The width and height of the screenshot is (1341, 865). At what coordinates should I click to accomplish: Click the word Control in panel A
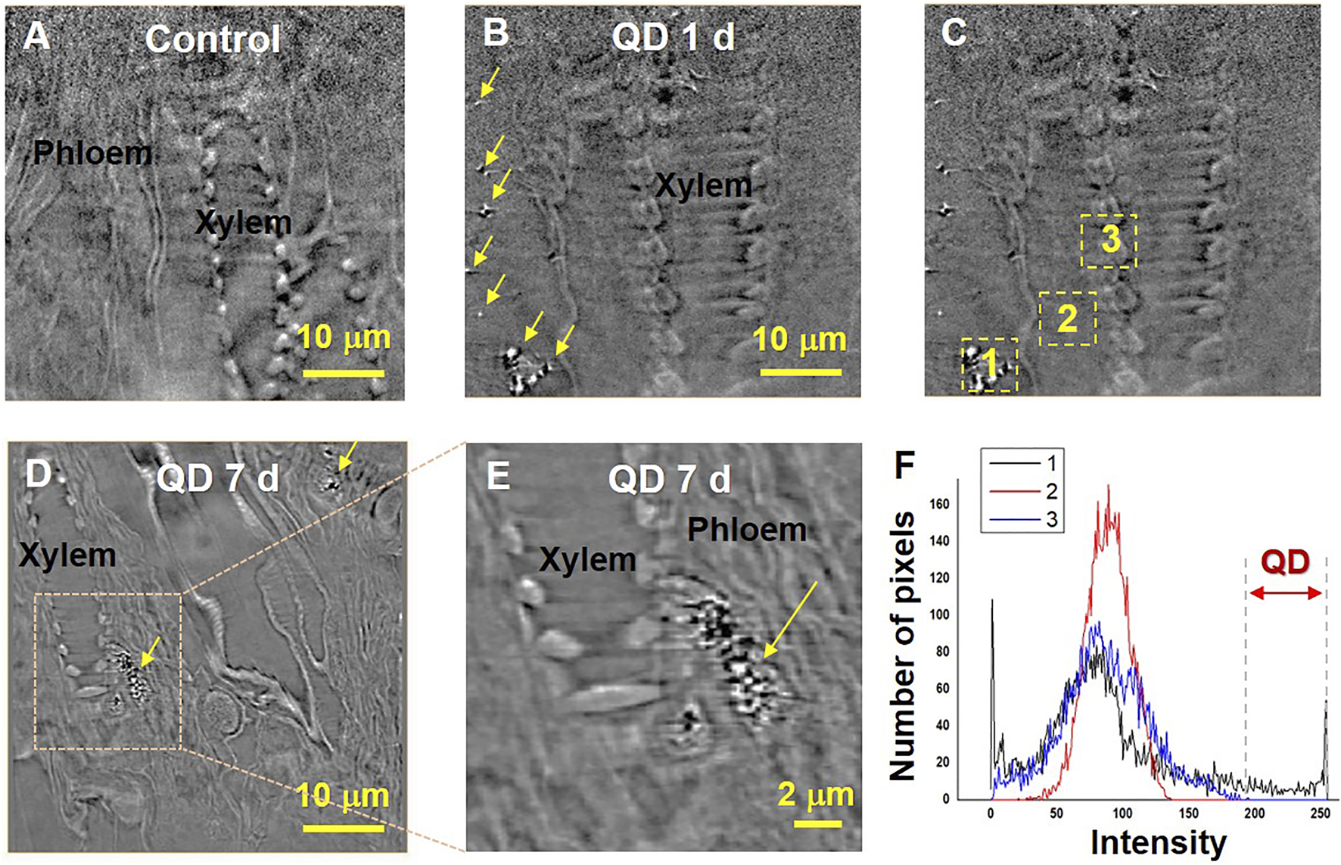click(213, 39)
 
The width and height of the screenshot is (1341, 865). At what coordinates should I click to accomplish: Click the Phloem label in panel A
click(92, 154)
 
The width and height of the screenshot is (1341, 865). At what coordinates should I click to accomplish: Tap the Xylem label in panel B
click(703, 185)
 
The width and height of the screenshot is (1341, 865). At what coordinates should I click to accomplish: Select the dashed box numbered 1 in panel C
click(989, 365)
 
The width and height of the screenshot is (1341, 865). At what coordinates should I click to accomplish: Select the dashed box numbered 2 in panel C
click(1067, 319)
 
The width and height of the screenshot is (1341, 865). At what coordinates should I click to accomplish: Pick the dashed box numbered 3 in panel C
click(1109, 241)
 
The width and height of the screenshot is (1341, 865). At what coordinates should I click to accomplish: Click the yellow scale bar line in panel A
click(344, 372)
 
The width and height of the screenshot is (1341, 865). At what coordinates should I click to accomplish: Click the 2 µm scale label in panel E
click(815, 795)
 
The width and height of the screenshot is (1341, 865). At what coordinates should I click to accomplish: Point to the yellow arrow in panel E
click(790, 619)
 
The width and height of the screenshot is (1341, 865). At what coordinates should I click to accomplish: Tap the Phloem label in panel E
click(746, 530)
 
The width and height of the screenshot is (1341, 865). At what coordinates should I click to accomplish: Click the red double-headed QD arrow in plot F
click(1285, 593)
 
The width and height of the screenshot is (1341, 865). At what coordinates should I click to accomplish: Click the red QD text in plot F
click(1285, 562)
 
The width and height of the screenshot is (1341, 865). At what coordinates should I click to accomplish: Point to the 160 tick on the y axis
click(938, 504)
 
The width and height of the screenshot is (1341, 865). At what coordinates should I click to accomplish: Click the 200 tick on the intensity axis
click(1254, 813)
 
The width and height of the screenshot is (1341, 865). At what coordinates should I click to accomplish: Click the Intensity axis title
click(1158, 842)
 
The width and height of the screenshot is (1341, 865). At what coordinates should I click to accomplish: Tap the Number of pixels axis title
click(902, 645)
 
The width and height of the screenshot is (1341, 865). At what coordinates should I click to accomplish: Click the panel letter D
click(38, 475)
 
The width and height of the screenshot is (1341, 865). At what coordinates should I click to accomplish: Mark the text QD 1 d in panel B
click(673, 36)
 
